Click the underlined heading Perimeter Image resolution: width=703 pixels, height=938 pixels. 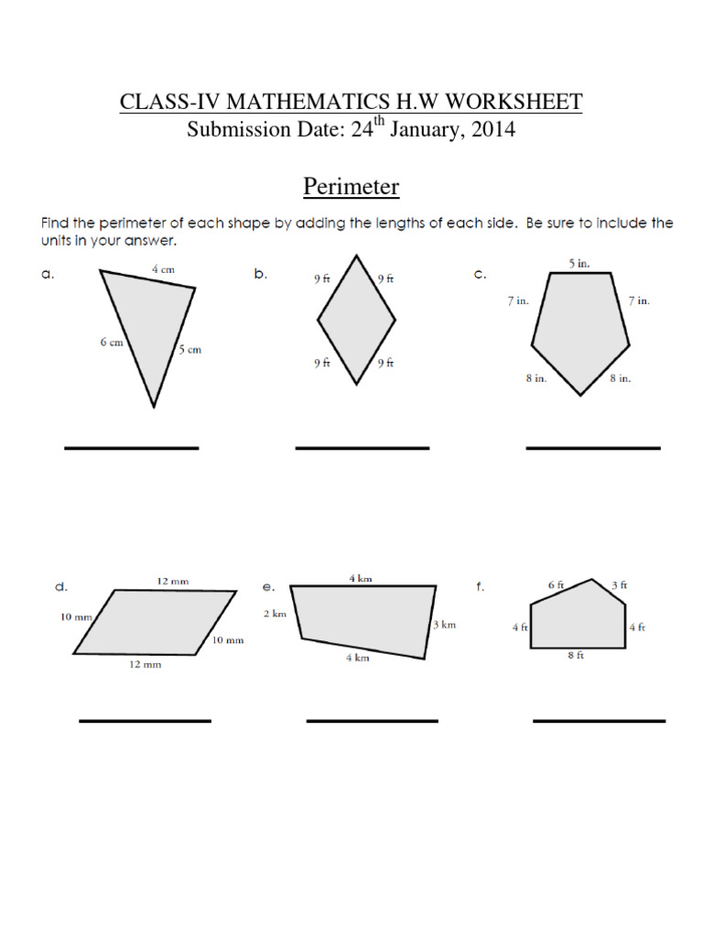click(351, 187)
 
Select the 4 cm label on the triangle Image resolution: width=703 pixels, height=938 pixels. click(164, 269)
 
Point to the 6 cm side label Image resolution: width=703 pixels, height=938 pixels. click(113, 342)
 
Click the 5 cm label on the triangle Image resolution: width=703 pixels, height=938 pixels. click(189, 349)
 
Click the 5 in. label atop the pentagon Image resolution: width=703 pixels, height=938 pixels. click(579, 263)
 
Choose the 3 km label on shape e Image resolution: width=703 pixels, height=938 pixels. click(444, 624)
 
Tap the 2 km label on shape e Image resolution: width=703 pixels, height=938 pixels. click(275, 614)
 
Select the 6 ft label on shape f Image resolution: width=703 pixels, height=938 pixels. click(557, 584)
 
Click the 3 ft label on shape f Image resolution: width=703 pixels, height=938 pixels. click(619, 584)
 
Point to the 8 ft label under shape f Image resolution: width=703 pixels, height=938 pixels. click(576, 656)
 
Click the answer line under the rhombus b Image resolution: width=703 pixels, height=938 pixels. click(362, 448)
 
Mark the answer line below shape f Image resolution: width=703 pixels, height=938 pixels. click(599, 721)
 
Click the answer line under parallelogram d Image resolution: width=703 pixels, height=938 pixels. click(145, 721)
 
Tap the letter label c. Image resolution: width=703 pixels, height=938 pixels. click(480, 274)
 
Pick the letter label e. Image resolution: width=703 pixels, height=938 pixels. click(268, 586)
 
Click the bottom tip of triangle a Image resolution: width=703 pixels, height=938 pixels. click(154, 407)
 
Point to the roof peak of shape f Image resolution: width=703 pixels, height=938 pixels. click(593, 579)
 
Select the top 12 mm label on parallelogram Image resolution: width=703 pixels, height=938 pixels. click(172, 581)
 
